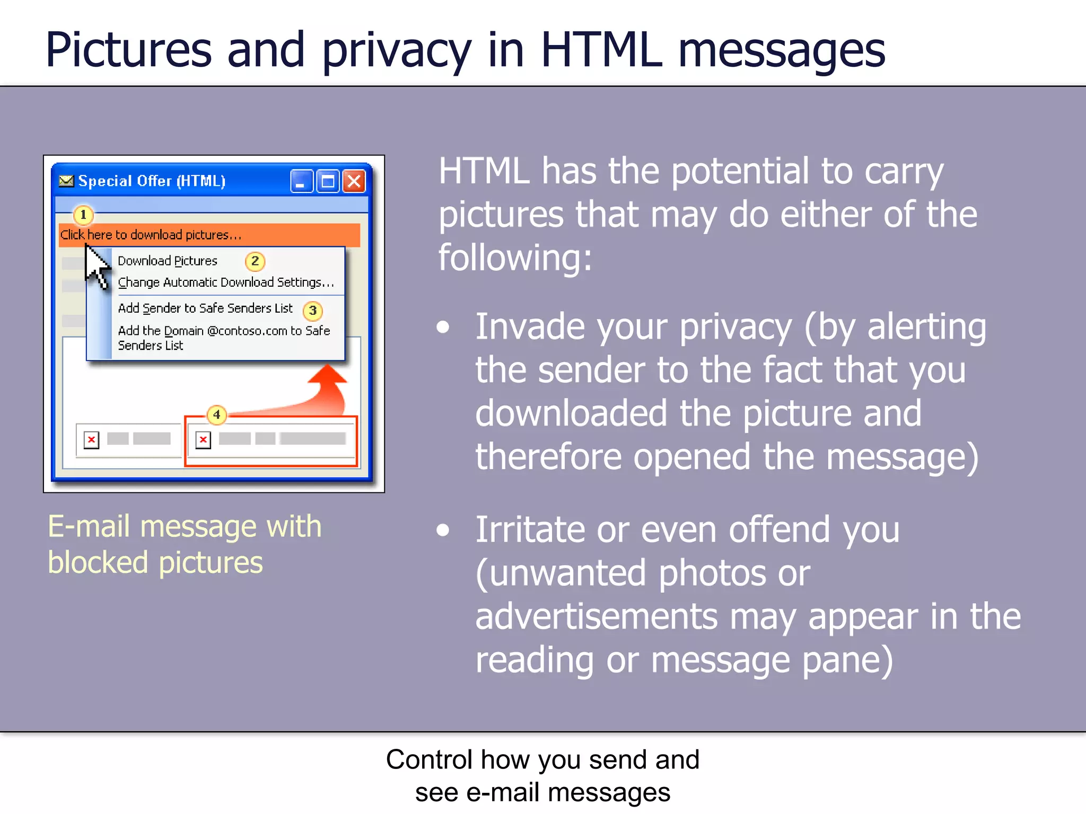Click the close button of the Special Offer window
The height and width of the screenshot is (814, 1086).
(x=354, y=181)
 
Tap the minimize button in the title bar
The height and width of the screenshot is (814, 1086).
(x=301, y=181)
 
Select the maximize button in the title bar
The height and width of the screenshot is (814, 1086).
(x=328, y=181)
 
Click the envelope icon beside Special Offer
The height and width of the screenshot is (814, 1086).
(x=66, y=181)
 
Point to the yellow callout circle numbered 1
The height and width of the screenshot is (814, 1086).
(x=83, y=215)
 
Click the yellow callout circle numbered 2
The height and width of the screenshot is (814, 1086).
(x=255, y=261)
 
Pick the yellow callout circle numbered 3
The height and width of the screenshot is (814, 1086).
(x=313, y=311)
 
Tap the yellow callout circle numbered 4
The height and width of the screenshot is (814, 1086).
(x=217, y=414)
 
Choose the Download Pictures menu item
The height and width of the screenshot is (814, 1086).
(x=168, y=261)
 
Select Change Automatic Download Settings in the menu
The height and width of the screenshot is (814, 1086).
(x=225, y=282)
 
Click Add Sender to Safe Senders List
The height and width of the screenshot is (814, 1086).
(x=205, y=308)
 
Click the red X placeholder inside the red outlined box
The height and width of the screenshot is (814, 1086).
(x=203, y=440)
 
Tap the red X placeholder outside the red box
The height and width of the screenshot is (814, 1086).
(x=92, y=440)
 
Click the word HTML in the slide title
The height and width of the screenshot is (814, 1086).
(x=601, y=50)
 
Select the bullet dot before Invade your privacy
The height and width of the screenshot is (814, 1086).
(x=443, y=327)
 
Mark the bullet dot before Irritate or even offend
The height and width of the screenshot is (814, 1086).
(x=443, y=530)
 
